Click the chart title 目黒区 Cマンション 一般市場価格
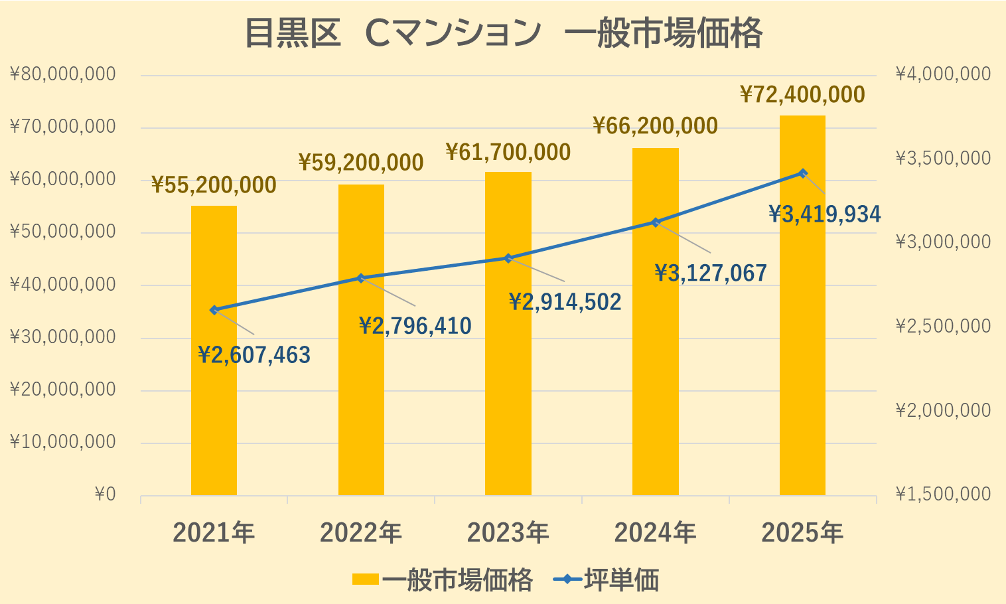click(503, 33)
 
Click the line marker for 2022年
click(361, 278)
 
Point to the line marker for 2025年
click(803, 173)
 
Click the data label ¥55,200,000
click(214, 185)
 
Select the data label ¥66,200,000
click(655, 125)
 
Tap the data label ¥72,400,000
click(802, 95)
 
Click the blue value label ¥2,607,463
click(254, 356)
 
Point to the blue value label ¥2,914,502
click(565, 303)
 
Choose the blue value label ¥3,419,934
click(824, 214)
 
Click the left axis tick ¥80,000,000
click(63, 74)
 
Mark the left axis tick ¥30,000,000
click(63, 337)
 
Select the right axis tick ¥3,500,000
click(943, 158)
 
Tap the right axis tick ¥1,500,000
click(943, 494)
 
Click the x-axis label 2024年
click(655, 533)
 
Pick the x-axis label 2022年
click(361, 533)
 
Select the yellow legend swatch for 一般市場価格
click(365, 579)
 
